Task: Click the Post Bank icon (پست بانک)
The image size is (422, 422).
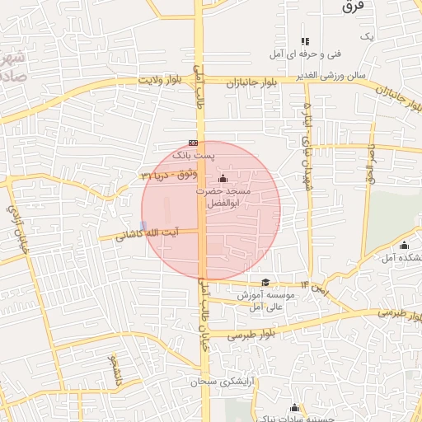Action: pos(193,142)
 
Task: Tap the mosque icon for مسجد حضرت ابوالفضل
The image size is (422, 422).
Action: pos(223,179)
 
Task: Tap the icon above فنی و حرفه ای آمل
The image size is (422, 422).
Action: pos(305,41)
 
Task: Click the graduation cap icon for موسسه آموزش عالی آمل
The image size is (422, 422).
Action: pos(265,282)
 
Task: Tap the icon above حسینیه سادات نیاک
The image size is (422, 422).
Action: pos(294,407)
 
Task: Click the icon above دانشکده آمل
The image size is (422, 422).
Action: pos(404,245)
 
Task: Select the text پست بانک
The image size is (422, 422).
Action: pos(193,154)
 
